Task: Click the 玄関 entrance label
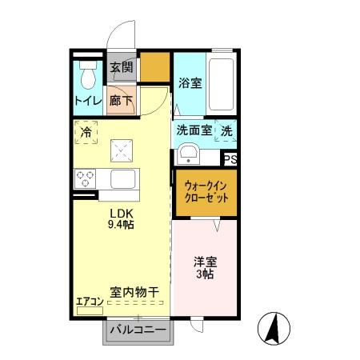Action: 122,68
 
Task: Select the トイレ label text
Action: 87,101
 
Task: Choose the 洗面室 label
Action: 194,131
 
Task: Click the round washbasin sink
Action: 190,153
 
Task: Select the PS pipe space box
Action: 230,160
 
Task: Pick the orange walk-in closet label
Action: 205,191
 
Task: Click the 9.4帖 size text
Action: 122,225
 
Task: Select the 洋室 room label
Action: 205,262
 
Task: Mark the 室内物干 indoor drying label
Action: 133,294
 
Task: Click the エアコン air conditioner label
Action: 90,302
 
